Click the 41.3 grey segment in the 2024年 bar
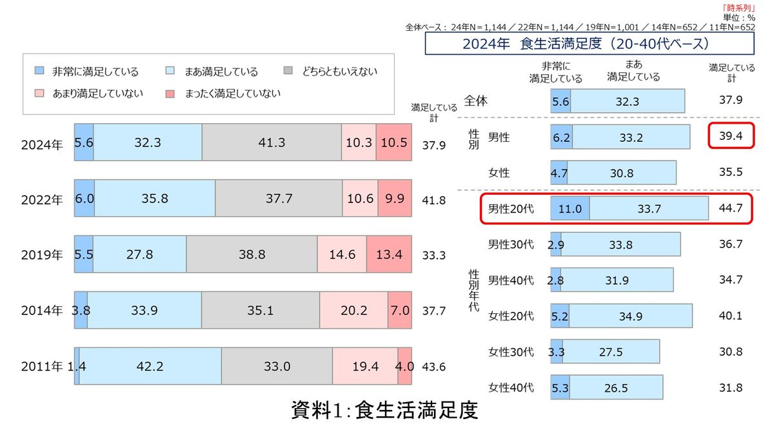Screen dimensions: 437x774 pos(272,142)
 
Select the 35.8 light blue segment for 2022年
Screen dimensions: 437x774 pos(155,199)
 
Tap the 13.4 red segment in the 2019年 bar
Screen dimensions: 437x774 pos(389,255)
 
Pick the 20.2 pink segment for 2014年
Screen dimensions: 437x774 pos(353,311)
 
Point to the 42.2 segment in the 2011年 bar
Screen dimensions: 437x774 pos(150,366)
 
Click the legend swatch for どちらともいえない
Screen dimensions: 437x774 pos(289,72)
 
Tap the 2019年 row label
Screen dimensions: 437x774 pos(41,255)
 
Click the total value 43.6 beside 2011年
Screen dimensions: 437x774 pos(433,367)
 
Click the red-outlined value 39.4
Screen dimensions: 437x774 pos(731,136)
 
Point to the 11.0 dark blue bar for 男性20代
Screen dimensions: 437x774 pos(570,209)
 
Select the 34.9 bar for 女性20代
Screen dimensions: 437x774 pos(630,316)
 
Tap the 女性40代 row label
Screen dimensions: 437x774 pos(511,387)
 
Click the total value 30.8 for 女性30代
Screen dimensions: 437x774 pos(731,352)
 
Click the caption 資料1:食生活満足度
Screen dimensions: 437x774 pos(385,411)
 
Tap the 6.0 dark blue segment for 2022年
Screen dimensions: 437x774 pos(84,199)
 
